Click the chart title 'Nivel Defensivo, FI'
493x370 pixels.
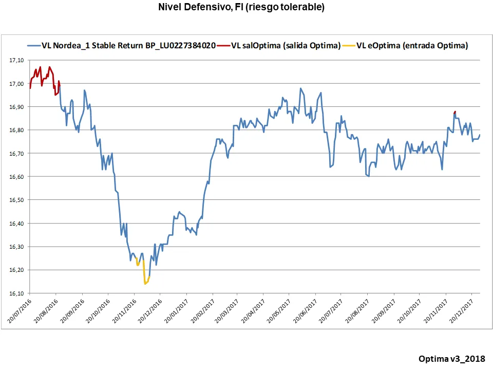tap(241, 7)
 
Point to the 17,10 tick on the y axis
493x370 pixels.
tap(17, 61)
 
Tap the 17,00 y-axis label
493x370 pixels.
tap(17, 84)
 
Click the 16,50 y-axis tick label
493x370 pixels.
tap(17, 200)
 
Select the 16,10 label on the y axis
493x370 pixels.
tap(17, 293)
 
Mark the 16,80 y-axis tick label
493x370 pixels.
tap(17, 130)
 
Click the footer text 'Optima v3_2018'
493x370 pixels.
tap(451, 358)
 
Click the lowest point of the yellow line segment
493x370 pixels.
tap(145, 284)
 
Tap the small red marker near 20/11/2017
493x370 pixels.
tap(455, 112)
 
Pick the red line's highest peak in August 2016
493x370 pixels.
tap(49, 67)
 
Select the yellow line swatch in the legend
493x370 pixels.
tap(349, 45)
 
